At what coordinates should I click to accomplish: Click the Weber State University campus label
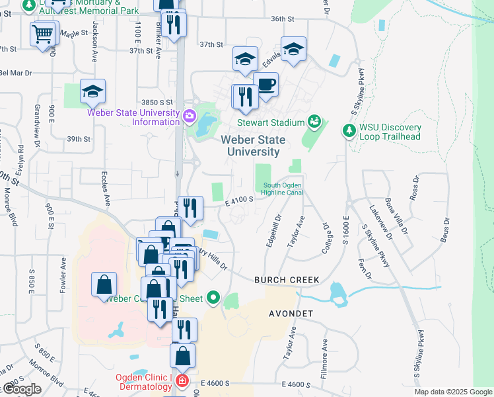point(253,146)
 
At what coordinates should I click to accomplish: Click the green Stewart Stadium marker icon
point(314,122)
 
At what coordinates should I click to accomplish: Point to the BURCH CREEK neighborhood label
point(287,281)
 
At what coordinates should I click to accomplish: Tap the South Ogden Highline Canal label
point(282,189)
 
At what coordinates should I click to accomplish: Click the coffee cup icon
point(266,85)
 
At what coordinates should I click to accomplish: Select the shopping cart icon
point(42,32)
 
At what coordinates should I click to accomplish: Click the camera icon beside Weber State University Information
point(190,117)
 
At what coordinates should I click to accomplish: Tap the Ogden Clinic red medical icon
point(181,382)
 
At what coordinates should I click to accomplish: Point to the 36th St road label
point(282,19)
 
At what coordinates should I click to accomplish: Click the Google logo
point(21,389)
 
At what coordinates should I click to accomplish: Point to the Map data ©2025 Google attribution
point(453,392)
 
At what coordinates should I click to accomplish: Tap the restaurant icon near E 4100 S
point(190,208)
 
